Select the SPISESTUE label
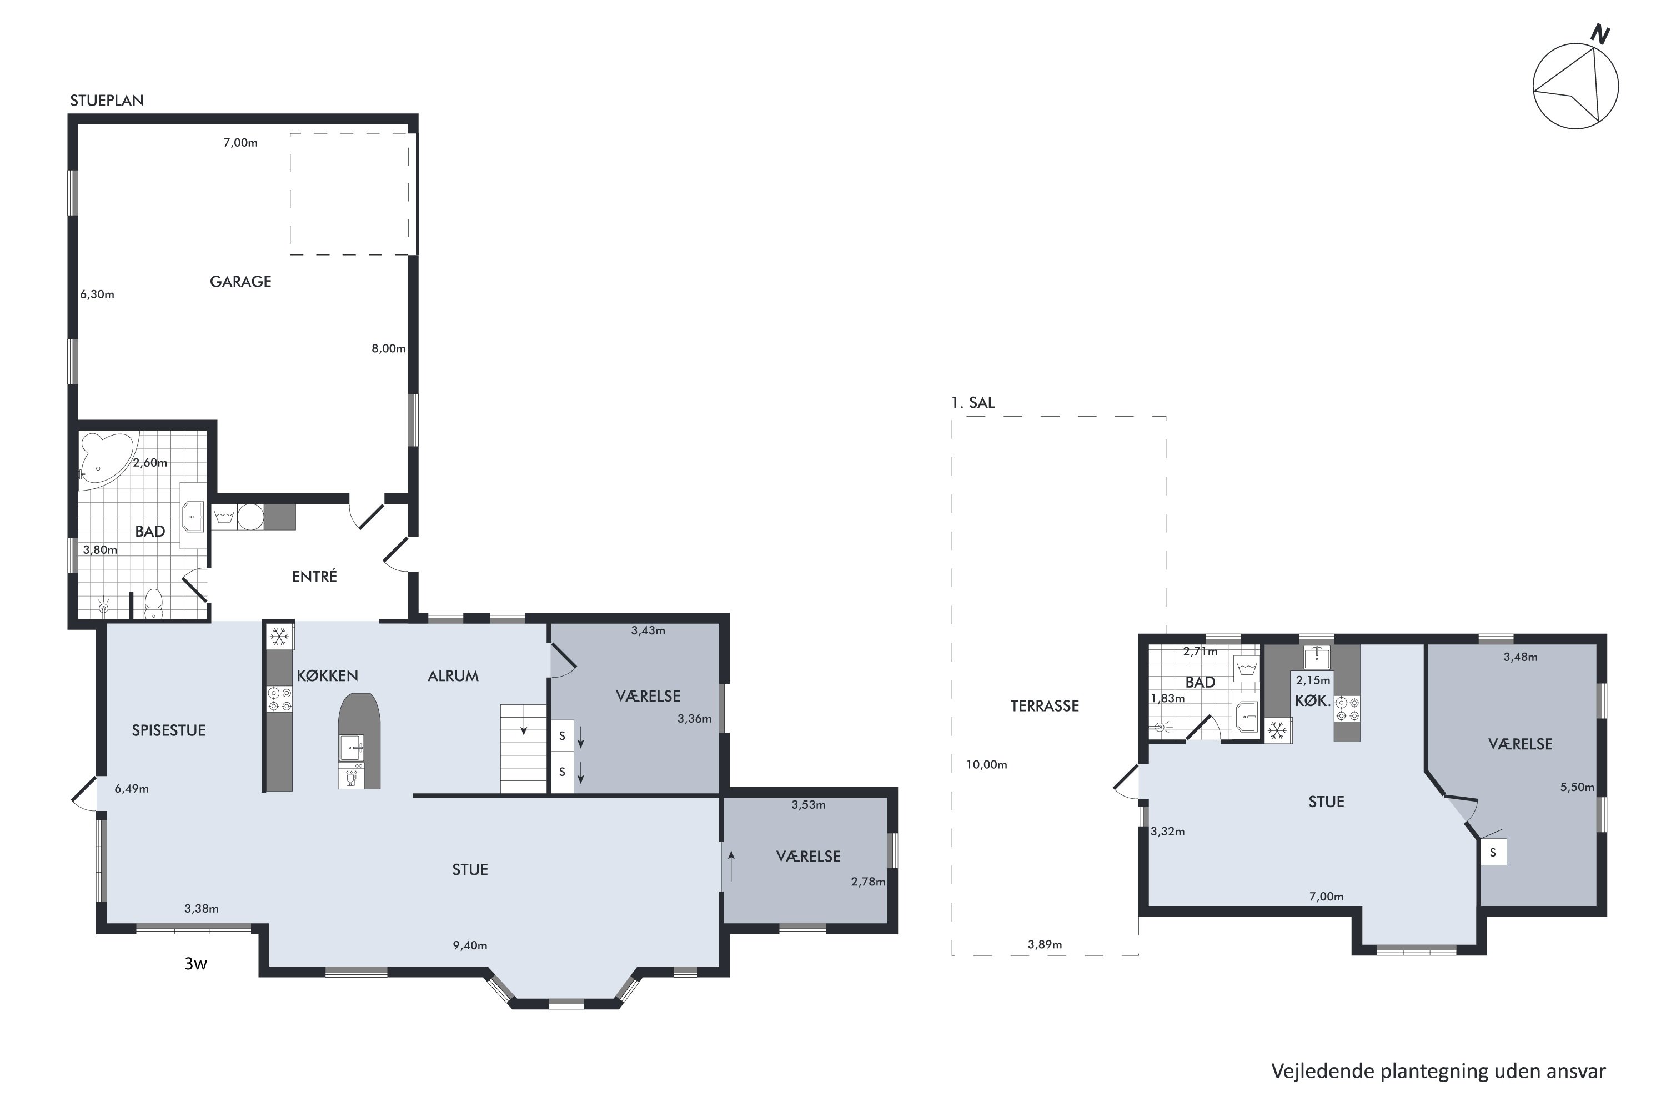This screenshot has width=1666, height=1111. pyautogui.click(x=169, y=730)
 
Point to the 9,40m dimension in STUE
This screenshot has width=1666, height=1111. pyautogui.click(x=470, y=945)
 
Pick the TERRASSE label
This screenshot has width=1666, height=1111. pyautogui.click(x=1044, y=705)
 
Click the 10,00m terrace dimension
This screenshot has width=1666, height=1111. pyautogui.click(x=987, y=764)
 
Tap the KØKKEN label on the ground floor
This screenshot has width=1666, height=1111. pyautogui.click(x=327, y=676)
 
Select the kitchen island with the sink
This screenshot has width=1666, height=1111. pyautogui.click(x=359, y=741)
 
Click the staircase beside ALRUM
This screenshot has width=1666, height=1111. pyautogui.click(x=524, y=749)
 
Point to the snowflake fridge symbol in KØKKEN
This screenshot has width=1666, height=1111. pyautogui.click(x=279, y=637)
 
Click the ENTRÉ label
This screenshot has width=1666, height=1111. pyautogui.click(x=314, y=577)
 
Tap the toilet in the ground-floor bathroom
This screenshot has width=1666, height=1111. pyautogui.click(x=154, y=604)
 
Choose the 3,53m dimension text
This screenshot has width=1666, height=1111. pyautogui.click(x=808, y=805)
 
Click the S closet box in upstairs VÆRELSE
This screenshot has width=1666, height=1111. pyautogui.click(x=1493, y=852)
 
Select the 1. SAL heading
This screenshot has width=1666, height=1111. pyautogui.click(x=972, y=402)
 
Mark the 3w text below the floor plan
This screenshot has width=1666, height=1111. pyautogui.click(x=195, y=964)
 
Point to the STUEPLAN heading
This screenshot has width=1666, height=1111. pyautogui.click(x=106, y=101)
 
